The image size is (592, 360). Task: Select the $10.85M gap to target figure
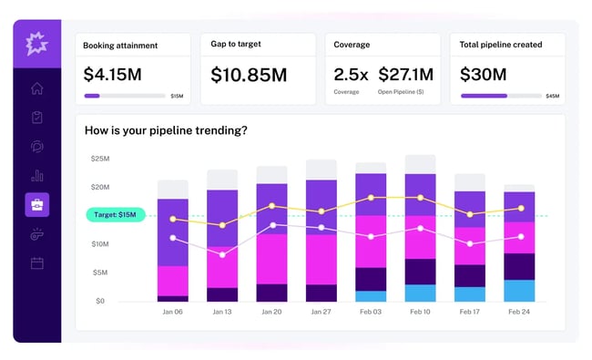point(249,74)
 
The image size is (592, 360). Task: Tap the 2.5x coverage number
point(351,73)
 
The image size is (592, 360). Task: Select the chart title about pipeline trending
point(167,130)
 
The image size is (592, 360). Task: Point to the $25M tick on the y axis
point(98,159)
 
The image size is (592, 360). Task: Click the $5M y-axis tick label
point(99,273)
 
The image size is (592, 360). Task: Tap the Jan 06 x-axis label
point(173,312)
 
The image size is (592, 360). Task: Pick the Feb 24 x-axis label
point(519,312)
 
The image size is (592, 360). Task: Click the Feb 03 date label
point(371,312)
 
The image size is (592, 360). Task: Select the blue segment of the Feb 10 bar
point(420,293)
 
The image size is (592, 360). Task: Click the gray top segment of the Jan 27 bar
point(322,170)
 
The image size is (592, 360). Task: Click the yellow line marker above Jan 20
point(271,206)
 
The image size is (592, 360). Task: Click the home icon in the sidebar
point(37,88)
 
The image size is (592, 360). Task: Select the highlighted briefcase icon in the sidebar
point(37,205)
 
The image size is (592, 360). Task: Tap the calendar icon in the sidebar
point(37,263)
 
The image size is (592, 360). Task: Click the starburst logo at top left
point(37,43)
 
